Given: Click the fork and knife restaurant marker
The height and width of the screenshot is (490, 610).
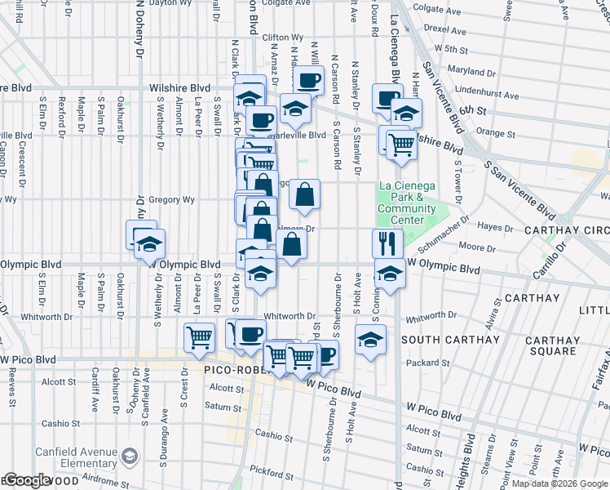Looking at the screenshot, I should pyautogui.click(x=387, y=243).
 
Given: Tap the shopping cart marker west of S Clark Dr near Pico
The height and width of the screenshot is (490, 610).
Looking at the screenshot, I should pyautogui.click(x=199, y=336).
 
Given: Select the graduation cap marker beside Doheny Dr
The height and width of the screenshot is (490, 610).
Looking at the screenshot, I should pyautogui.click(x=149, y=243).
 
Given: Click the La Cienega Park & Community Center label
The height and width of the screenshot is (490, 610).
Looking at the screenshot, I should pyautogui.click(x=401, y=203).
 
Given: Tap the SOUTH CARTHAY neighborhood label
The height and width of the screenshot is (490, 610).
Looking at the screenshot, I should pyautogui.click(x=450, y=339).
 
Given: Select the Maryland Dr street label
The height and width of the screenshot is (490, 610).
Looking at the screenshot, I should pyautogui.click(x=466, y=70).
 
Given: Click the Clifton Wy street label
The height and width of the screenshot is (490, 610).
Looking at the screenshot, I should pyautogui.click(x=283, y=38).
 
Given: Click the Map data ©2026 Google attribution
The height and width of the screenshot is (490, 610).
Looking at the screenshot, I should pyautogui.click(x=559, y=483).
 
